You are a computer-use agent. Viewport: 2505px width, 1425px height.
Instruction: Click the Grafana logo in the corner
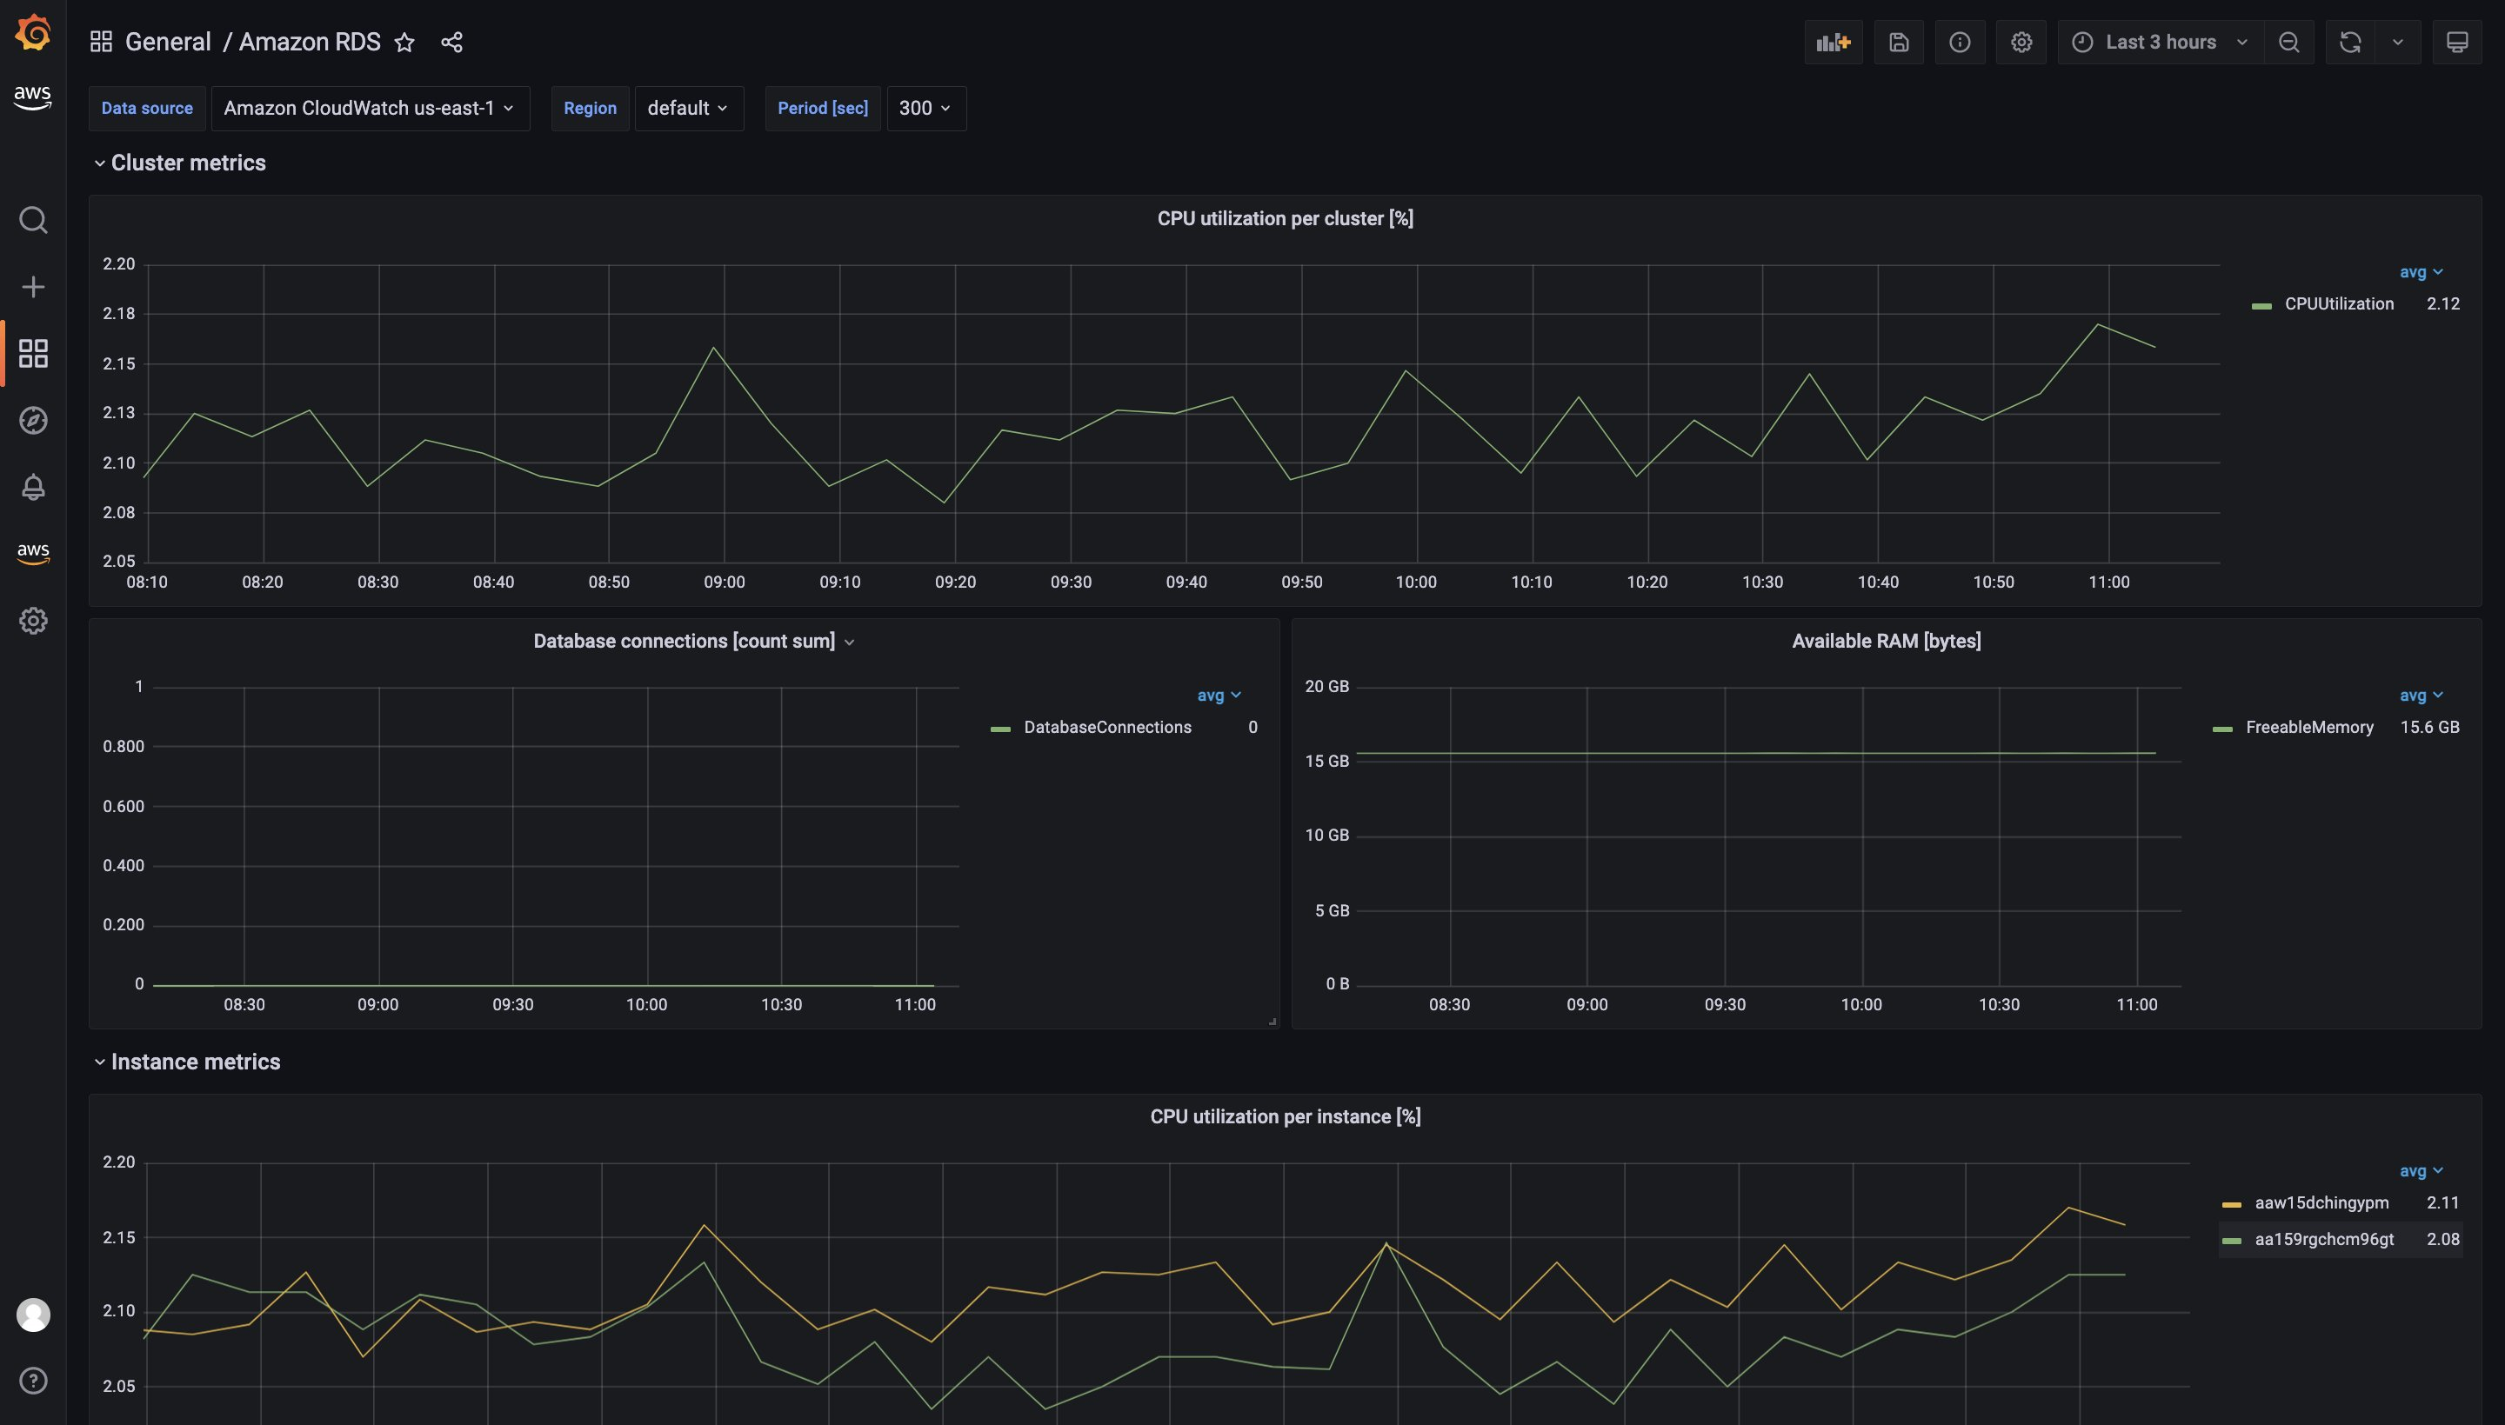tap(33, 32)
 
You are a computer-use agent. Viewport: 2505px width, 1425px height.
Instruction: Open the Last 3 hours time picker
tap(2161, 42)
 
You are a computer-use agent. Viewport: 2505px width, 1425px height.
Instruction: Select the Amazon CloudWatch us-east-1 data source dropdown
tap(369, 109)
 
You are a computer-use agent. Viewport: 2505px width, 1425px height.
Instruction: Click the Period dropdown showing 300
tap(925, 109)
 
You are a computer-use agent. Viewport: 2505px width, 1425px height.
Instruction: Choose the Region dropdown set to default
tap(688, 109)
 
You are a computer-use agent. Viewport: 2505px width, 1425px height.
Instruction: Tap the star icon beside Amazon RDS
tap(404, 42)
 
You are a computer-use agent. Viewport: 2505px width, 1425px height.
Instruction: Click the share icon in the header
tap(451, 42)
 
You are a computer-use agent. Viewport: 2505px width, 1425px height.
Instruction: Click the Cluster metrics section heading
tap(188, 163)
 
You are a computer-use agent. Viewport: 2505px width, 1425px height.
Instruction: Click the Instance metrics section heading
tap(195, 1062)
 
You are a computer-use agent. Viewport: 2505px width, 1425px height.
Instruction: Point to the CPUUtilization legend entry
tap(2338, 304)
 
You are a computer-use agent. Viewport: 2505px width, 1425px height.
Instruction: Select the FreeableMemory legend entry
tap(2308, 727)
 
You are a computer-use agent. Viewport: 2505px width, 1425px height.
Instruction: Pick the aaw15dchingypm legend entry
tap(2321, 1202)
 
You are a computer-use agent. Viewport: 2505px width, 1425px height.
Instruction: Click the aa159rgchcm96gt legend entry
tap(2323, 1239)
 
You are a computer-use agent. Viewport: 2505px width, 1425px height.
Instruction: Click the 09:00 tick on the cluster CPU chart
tap(725, 583)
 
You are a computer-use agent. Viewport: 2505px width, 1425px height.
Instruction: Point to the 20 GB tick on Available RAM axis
tap(1326, 687)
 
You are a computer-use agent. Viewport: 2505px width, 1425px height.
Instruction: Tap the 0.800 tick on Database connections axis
tap(124, 747)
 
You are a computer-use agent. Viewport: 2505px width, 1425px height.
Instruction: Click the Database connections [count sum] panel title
tap(685, 642)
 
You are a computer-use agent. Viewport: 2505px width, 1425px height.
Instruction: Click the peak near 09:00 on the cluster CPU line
tap(713, 349)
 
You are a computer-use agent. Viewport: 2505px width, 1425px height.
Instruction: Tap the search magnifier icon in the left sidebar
tap(33, 220)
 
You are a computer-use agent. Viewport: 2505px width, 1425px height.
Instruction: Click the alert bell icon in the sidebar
tap(33, 486)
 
